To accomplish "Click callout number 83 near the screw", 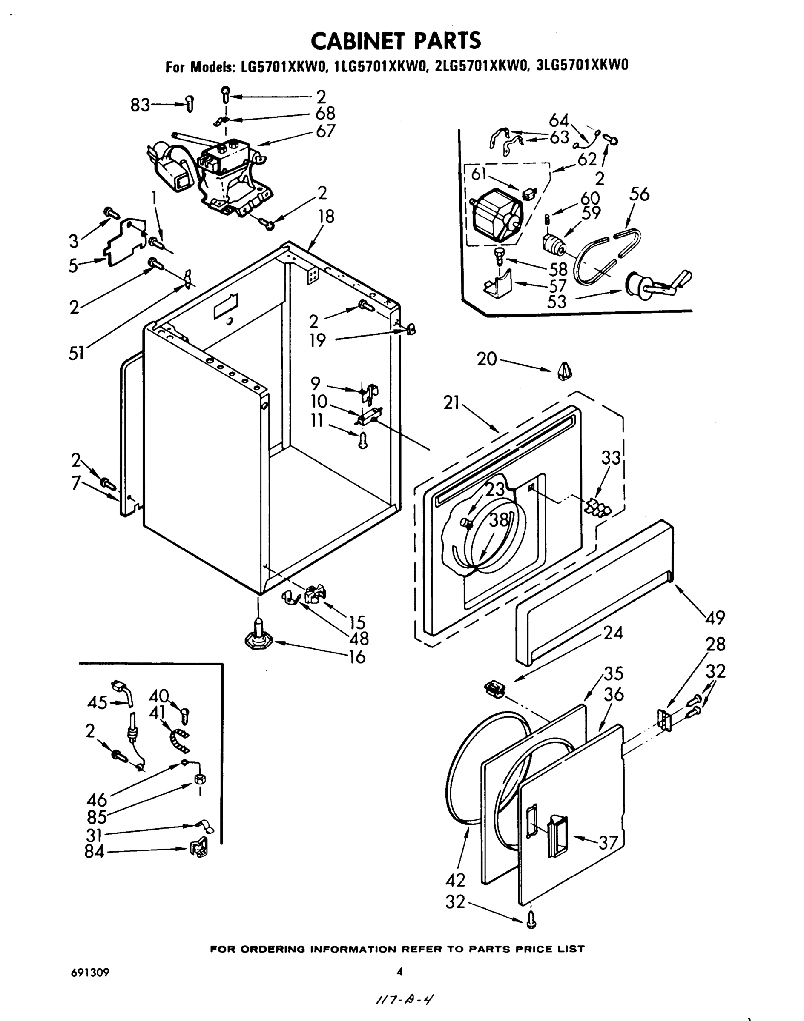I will [x=140, y=106].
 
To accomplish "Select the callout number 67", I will [x=326, y=131].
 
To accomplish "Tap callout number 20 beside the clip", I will [x=487, y=359].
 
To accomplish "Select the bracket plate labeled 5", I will [x=126, y=242].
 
